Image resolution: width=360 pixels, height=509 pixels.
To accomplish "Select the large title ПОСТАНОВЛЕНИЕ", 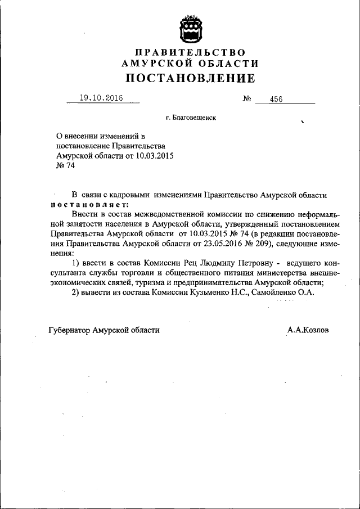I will click(x=190, y=78).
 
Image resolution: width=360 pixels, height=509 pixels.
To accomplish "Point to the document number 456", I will click(x=276, y=99).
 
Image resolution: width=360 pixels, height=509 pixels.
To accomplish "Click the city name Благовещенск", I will click(x=191, y=118).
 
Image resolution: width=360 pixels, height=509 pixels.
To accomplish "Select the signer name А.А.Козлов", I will click(x=308, y=330).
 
